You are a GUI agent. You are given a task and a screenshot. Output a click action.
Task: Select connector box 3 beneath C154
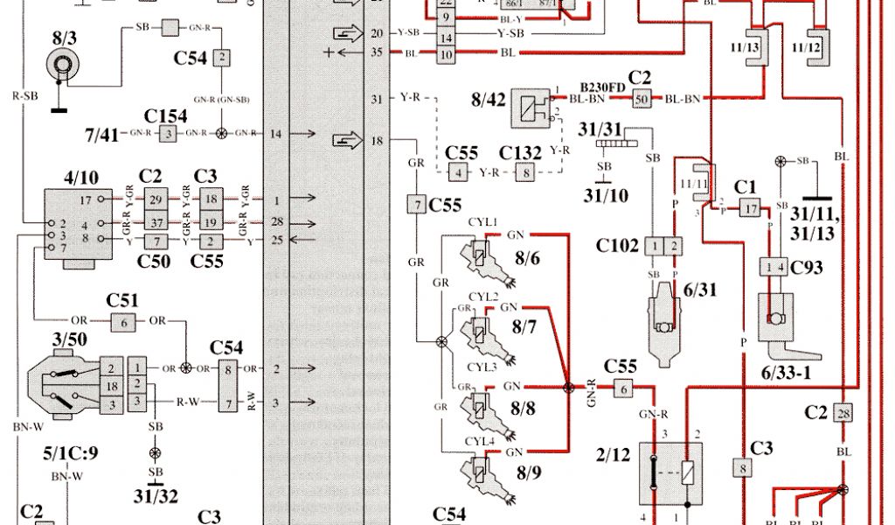tap(168, 133)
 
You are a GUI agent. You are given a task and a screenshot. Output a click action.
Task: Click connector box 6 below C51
tap(124, 323)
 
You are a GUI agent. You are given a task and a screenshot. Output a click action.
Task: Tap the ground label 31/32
tap(155, 496)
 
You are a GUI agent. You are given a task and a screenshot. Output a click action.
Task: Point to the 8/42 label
tap(489, 101)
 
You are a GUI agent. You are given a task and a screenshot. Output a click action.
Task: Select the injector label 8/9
tap(530, 473)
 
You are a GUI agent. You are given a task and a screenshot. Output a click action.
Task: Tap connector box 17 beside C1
tap(751, 208)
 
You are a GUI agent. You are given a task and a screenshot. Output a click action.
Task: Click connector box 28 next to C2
tap(843, 414)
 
